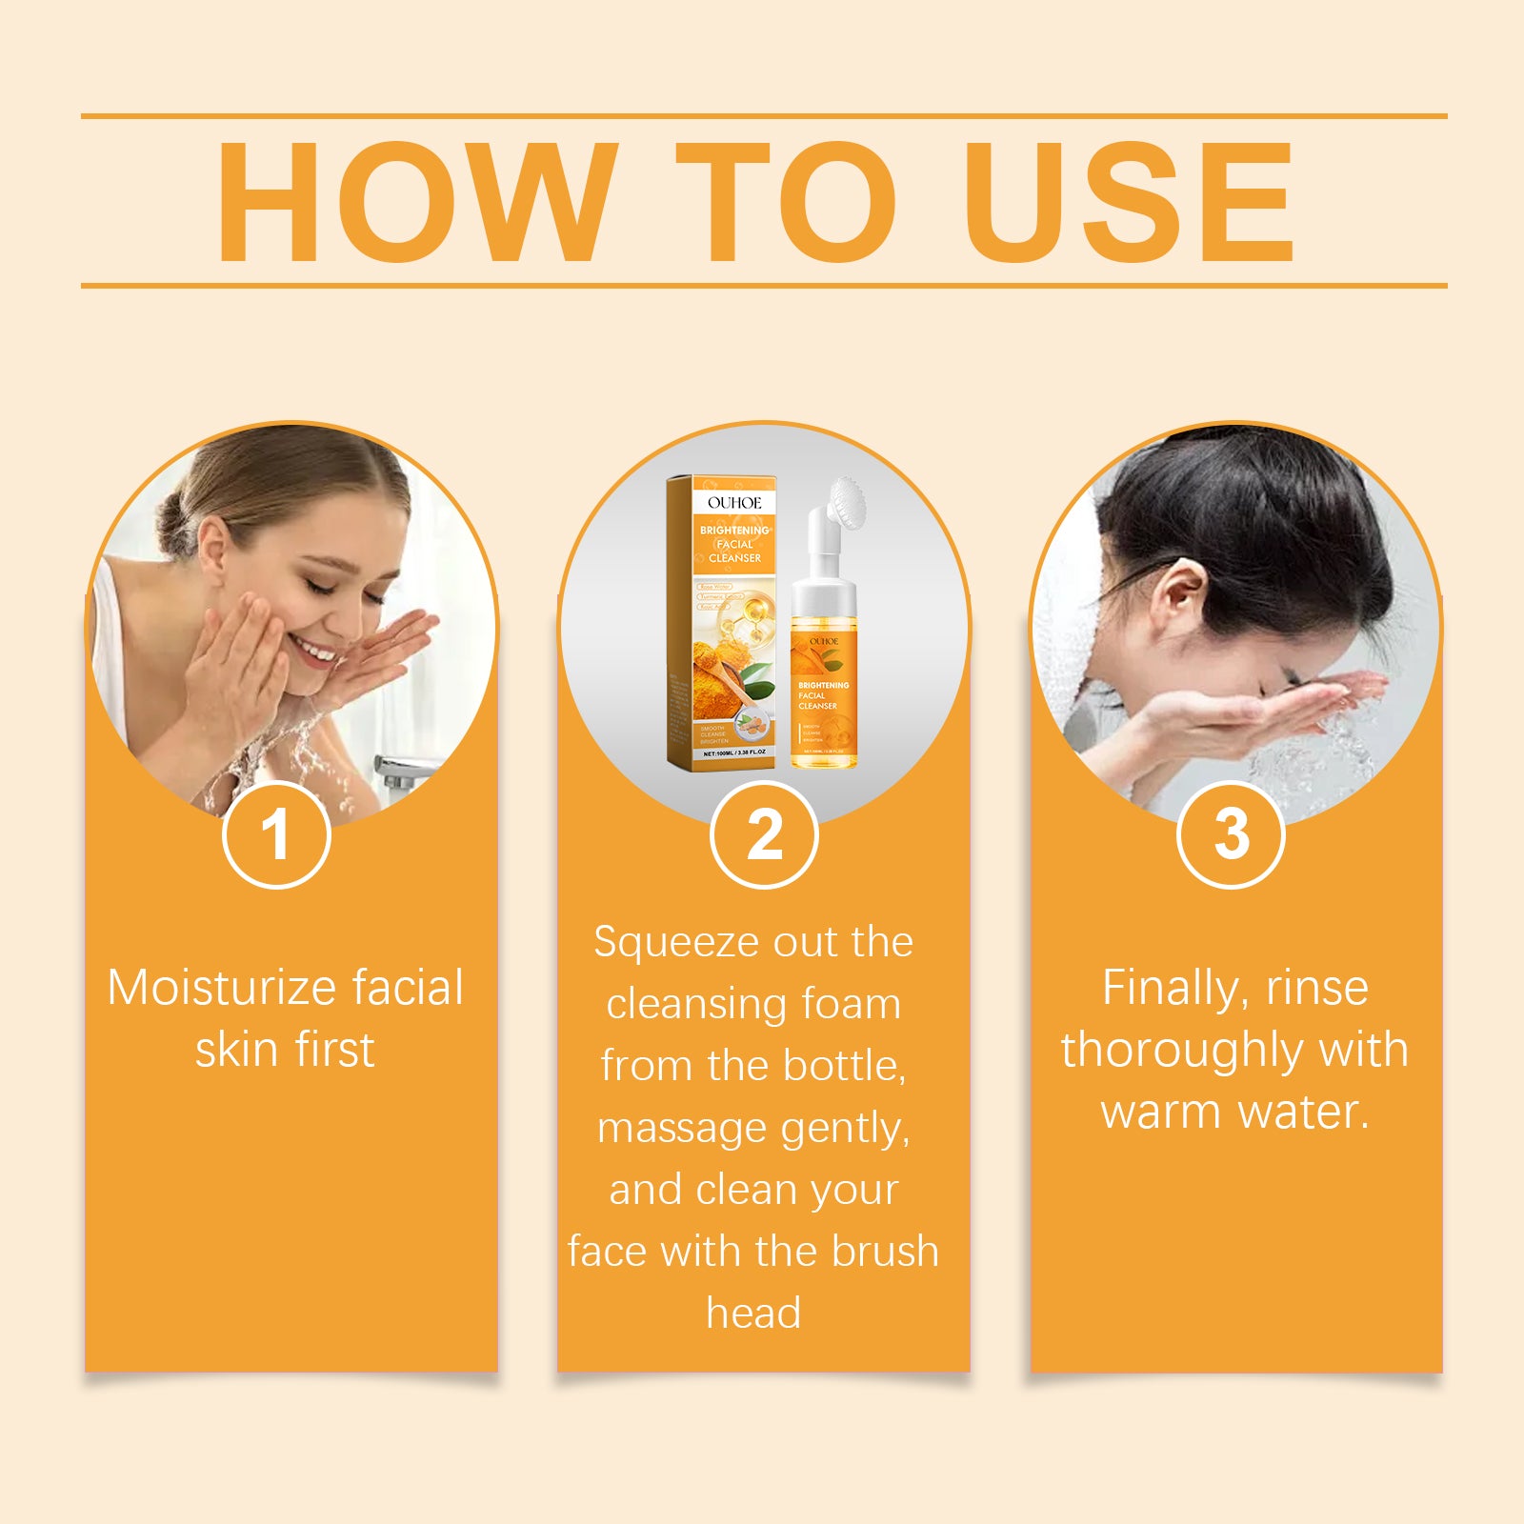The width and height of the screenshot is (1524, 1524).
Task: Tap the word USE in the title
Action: coord(1128,202)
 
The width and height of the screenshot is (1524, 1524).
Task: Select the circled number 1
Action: coord(276,835)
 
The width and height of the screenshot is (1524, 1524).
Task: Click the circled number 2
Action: coord(764,835)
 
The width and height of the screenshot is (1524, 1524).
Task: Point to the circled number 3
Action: coord(1231,835)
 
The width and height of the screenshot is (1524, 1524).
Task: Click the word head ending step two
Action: coord(753,1313)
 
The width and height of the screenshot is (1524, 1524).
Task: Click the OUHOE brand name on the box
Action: coord(734,502)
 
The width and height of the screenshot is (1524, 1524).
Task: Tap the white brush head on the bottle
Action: coord(843,498)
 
